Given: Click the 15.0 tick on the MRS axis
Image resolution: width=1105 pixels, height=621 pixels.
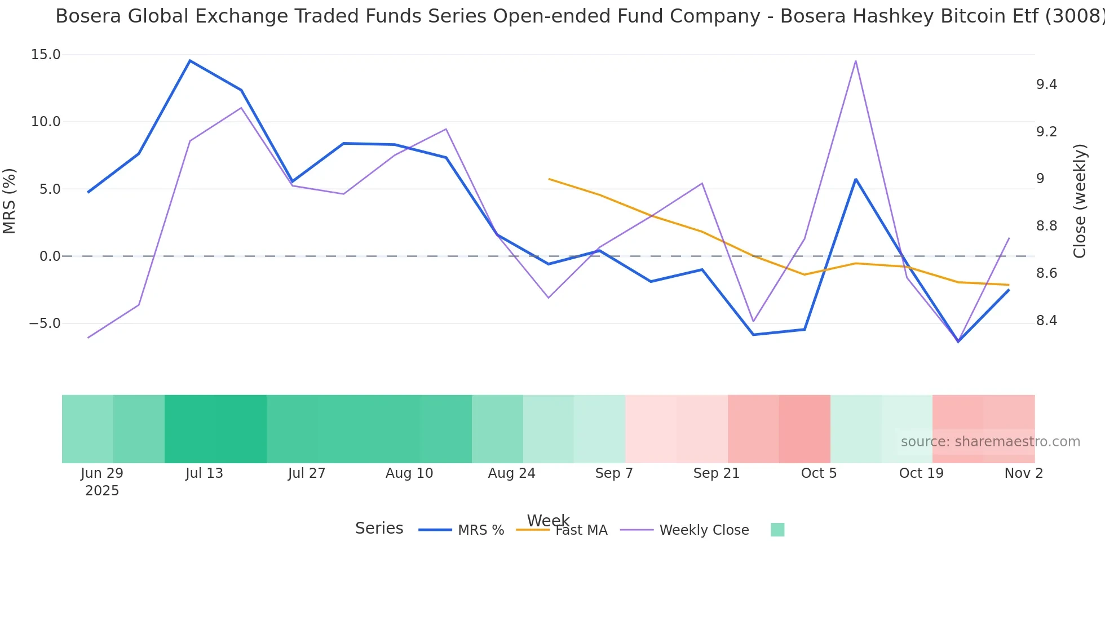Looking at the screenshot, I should (45, 55).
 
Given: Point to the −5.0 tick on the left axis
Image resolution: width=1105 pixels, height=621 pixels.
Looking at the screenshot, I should (45, 323).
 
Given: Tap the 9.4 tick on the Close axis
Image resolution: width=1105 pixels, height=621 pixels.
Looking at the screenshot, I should (1046, 85).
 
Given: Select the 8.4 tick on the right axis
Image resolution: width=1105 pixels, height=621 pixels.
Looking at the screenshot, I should (1046, 321).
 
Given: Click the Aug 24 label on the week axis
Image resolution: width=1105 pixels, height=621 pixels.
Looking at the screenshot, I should (511, 473).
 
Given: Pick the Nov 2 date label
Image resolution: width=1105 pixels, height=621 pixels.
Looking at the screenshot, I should (1023, 473).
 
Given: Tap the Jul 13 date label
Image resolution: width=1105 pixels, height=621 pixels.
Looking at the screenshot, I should (204, 473).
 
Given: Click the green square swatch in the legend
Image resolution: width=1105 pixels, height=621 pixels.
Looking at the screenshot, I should (777, 530).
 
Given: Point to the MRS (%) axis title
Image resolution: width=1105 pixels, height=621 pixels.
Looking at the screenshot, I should (10, 201).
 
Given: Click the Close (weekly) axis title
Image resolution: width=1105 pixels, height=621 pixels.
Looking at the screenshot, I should (1080, 201).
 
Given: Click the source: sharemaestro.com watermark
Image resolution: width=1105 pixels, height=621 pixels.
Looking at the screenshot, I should (990, 442).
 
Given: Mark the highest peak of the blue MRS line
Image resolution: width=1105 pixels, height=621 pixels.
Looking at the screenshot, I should (190, 61).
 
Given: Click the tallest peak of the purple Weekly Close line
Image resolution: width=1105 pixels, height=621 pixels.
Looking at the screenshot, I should (856, 61).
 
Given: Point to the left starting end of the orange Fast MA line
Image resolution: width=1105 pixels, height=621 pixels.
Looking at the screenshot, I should (550, 179).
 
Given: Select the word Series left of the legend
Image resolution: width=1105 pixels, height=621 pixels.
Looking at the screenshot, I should (379, 529).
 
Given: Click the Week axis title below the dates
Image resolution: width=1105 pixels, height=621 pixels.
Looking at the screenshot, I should (548, 520).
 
